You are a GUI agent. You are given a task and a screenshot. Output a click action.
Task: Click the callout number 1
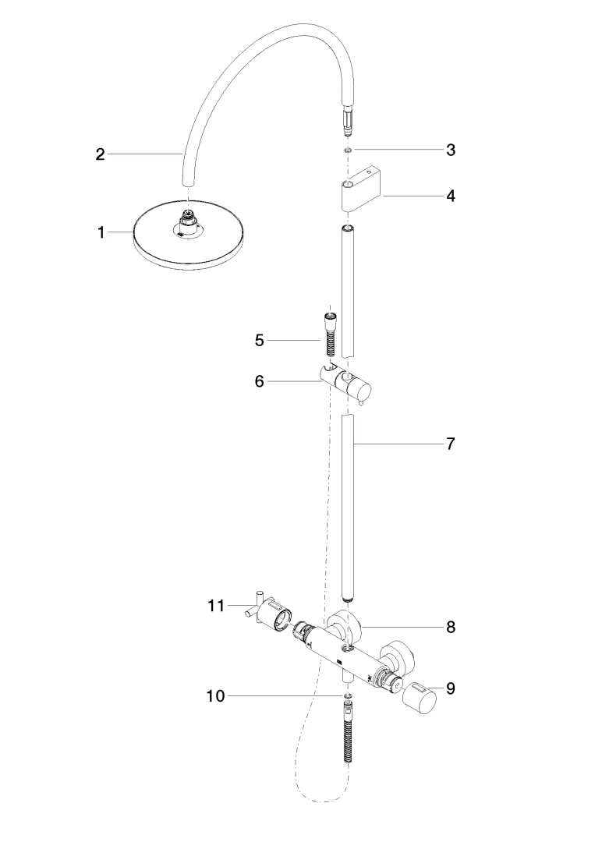point(101,232)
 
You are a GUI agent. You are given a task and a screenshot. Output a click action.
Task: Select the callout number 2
point(100,154)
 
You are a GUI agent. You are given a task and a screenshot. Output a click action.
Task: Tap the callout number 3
point(451,150)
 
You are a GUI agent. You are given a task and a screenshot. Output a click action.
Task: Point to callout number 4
point(451,196)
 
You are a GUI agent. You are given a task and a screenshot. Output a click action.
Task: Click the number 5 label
point(260,340)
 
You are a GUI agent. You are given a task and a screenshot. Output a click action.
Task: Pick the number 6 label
point(260,381)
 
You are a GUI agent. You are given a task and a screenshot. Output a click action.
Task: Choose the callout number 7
point(451,444)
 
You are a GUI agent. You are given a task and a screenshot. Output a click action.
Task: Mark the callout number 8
point(451,626)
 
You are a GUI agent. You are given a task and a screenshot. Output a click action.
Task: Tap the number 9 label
point(451,688)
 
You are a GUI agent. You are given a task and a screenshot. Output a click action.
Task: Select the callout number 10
point(215,696)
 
